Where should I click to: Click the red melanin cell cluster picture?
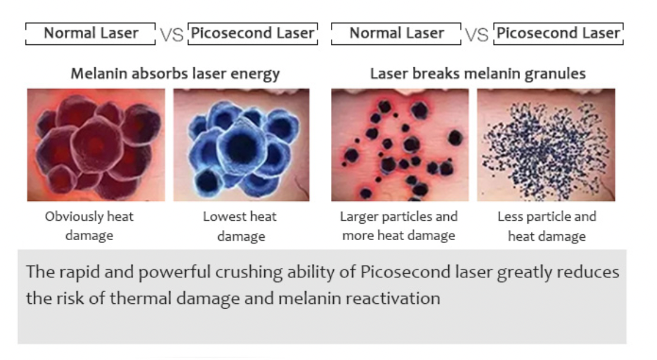tap(96, 145)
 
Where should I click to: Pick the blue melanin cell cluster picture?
tap(241, 145)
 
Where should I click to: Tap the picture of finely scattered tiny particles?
tap(546, 145)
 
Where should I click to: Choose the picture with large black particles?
tap(400, 145)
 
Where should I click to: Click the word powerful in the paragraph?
tap(175, 273)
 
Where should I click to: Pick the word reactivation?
tap(401, 299)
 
